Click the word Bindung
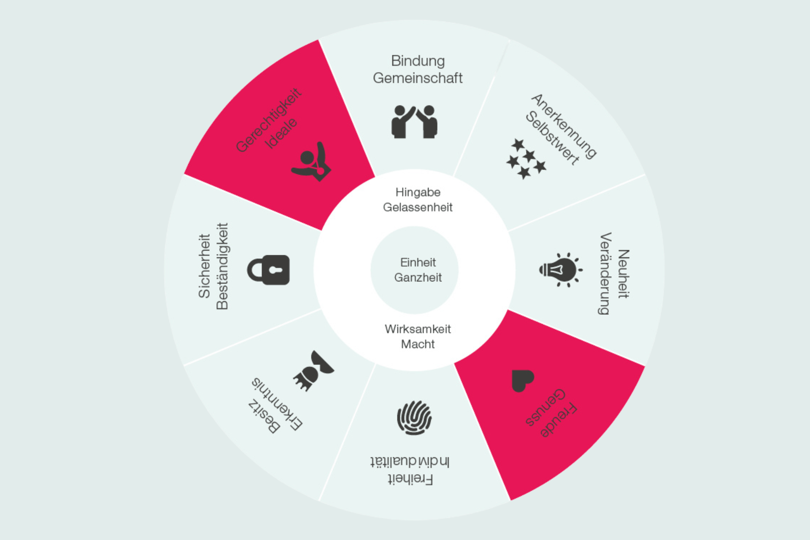[x=418, y=62]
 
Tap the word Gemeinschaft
[x=418, y=78]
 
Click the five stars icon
[x=526, y=159]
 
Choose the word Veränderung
[x=605, y=273]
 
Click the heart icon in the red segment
[x=522, y=380]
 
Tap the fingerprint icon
[x=414, y=418]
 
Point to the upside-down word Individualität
[x=410, y=462]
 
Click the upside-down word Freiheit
[x=410, y=479]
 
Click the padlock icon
[x=269, y=270]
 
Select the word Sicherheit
[x=204, y=266]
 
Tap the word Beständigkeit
[x=222, y=266]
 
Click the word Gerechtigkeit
[x=268, y=120]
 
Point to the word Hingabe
[x=418, y=192]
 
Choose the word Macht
[x=418, y=344]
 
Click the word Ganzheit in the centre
[x=418, y=278]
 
